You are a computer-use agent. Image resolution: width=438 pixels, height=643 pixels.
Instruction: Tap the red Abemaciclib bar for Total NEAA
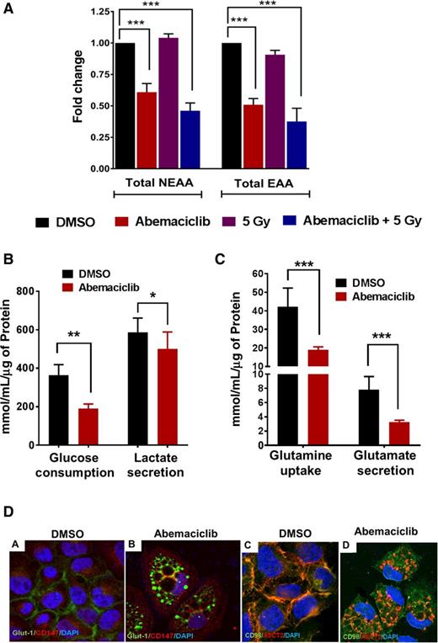pos(147,130)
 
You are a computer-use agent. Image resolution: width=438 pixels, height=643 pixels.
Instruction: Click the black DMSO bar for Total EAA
pos(231,105)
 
